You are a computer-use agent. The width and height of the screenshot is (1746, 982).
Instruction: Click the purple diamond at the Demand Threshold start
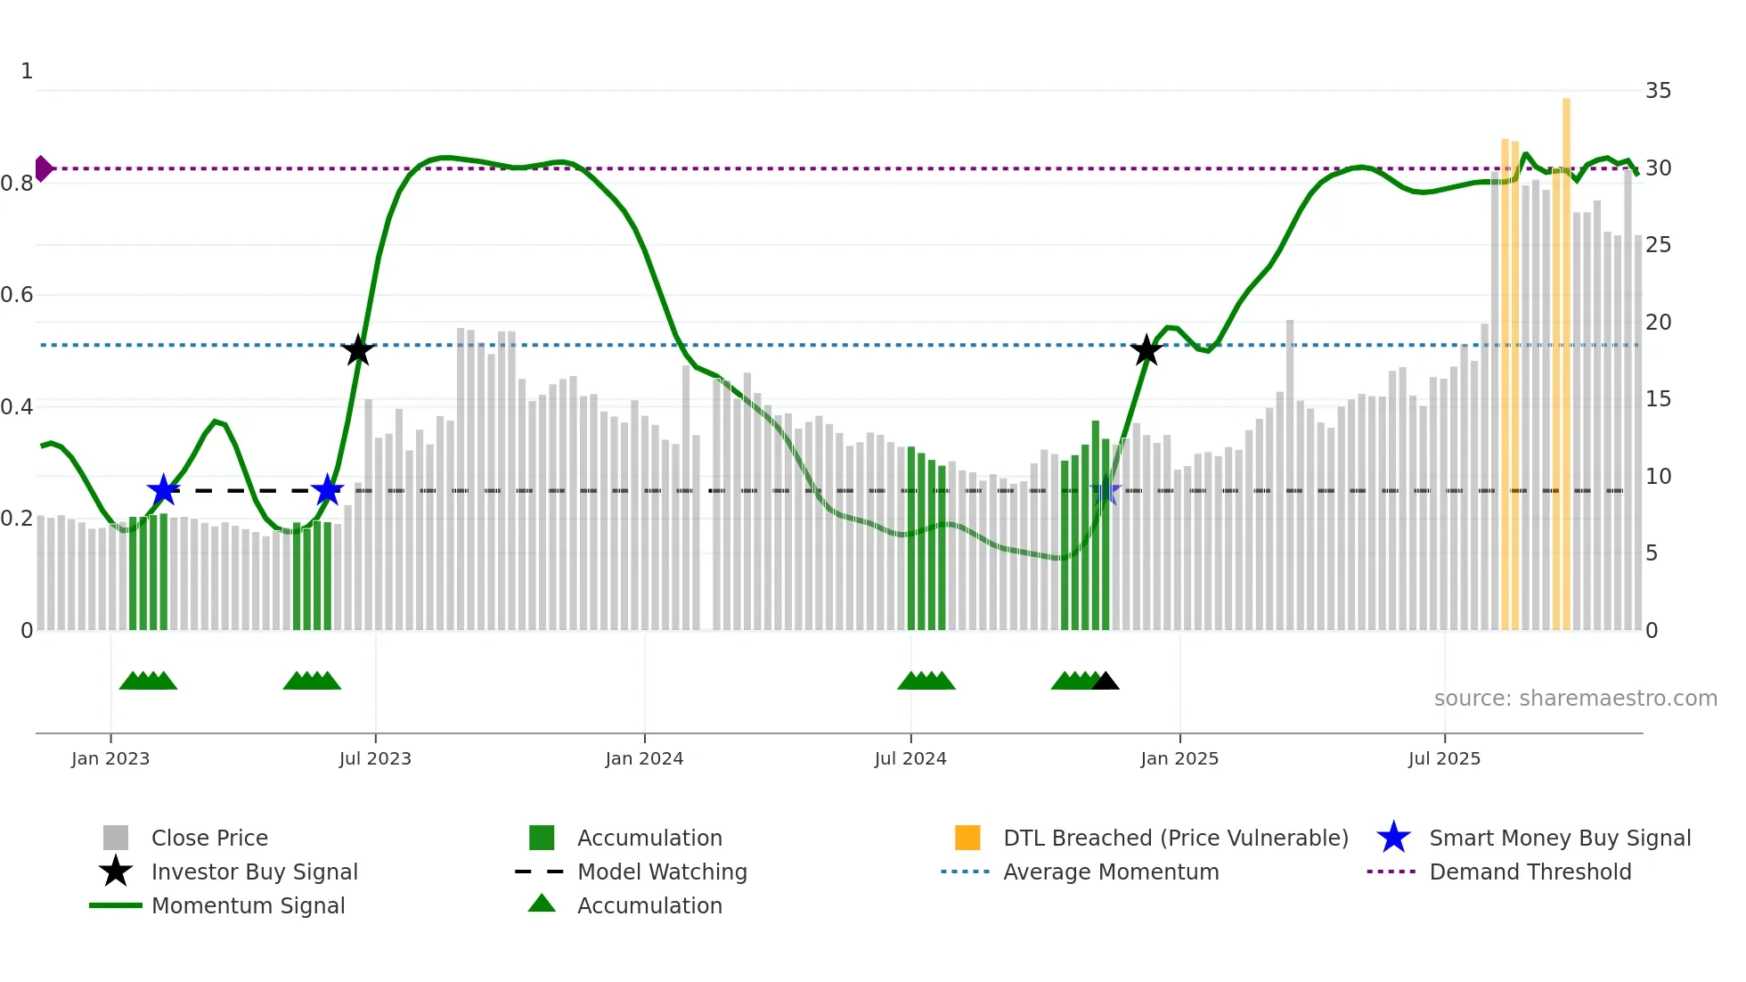point(43,168)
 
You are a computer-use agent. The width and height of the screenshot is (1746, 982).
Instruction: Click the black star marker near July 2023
point(357,350)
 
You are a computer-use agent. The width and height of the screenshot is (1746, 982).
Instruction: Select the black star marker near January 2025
point(1146,350)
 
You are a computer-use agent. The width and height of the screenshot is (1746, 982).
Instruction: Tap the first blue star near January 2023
point(163,490)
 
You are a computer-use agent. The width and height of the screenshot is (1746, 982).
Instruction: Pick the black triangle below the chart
point(1105,682)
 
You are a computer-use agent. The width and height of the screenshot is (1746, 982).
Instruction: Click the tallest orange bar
point(1566,356)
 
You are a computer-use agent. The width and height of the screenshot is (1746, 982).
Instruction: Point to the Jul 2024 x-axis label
point(910,758)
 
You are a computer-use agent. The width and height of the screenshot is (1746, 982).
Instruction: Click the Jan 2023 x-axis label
point(110,758)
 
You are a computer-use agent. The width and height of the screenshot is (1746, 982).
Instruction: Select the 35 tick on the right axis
point(1658,90)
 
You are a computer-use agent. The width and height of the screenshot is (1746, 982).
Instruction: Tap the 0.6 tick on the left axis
point(17,295)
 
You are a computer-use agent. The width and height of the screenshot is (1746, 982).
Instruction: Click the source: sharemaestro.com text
point(1575,698)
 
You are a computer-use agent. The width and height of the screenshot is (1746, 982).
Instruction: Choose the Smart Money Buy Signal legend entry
point(1559,838)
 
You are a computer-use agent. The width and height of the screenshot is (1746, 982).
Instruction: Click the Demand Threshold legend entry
point(1530,872)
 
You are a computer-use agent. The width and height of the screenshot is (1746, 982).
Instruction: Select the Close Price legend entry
point(209,838)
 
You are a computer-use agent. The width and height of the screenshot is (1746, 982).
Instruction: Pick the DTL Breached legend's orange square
point(967,838)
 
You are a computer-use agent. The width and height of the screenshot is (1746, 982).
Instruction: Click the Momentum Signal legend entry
point(248,905)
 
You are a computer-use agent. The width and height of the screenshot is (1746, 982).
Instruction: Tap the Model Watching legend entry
point(662,872)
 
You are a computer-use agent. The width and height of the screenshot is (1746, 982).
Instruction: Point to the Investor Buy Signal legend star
point(116,872)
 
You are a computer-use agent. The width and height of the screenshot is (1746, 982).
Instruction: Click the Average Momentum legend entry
point(1111,872)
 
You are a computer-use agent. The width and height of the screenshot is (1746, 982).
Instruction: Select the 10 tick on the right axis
point(1658,476)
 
